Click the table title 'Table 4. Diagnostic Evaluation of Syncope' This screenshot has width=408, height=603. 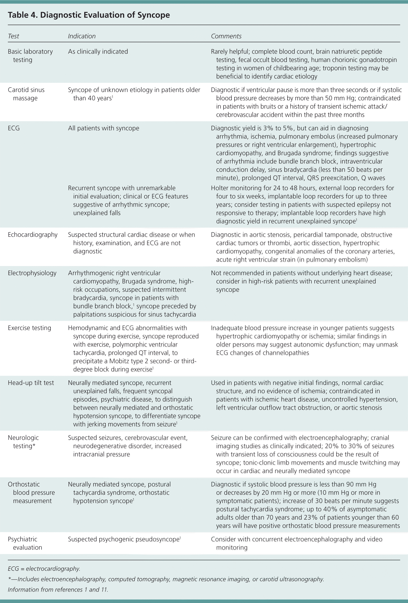[x=89, y=15]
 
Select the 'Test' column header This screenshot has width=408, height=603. [x=14, y=36]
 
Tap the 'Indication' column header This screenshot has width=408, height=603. [x=82, y=36]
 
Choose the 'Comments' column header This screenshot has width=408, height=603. [x=226, y=36]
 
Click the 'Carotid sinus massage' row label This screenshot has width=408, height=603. [x=26, y=94]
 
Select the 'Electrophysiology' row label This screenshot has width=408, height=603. [x=32, y=273]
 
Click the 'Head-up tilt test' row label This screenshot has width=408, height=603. [x=31, y=383]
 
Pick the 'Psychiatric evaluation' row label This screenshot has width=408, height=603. [x=25, y=543]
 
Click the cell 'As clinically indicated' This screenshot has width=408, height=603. [x=98, y=51]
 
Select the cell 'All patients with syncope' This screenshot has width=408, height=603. [x=103, y=128]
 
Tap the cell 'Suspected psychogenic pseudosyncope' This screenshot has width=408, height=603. [x=124, y=539]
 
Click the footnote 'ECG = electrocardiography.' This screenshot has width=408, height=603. [x=44, y=569]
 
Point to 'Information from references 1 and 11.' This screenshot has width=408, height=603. [x=58, y=589]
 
